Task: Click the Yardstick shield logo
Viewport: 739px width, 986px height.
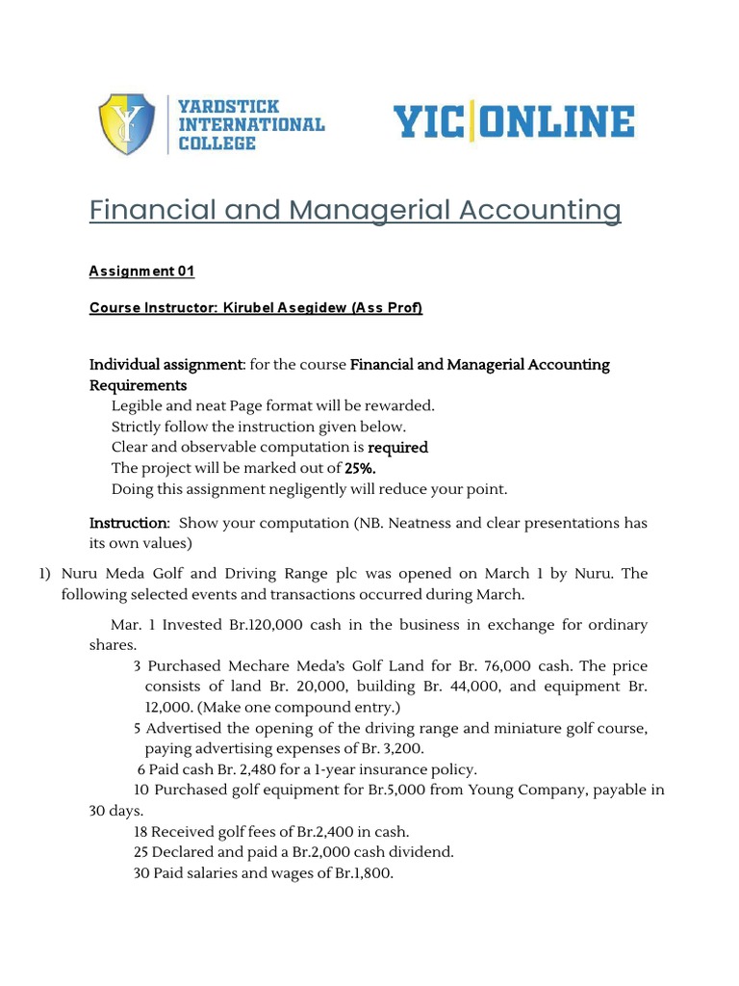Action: (127, 124)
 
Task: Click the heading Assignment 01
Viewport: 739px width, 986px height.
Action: (141, 272)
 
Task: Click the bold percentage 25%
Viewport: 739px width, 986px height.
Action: (361, 468)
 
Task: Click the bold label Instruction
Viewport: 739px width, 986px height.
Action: (128, 523)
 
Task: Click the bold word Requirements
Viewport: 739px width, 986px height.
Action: (138, 385)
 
